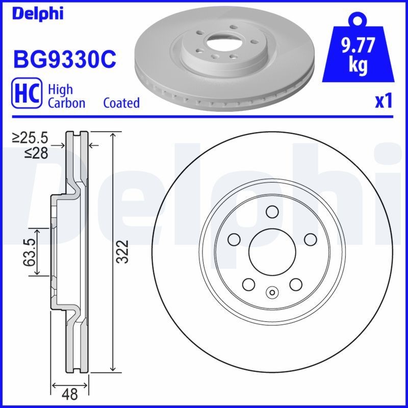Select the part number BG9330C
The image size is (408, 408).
(x=65, y=60)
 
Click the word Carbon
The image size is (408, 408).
(x=66, y=103)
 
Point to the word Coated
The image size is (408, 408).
(x=121, y=103)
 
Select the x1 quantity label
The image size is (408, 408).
(x=383, y=102)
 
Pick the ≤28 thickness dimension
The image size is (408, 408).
(x=37, y=152)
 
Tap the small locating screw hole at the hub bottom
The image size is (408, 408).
(x=272, y=293)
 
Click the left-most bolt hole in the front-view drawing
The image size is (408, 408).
(x=234, y=239)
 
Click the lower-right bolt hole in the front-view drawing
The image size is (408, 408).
(x=295, y=284)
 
